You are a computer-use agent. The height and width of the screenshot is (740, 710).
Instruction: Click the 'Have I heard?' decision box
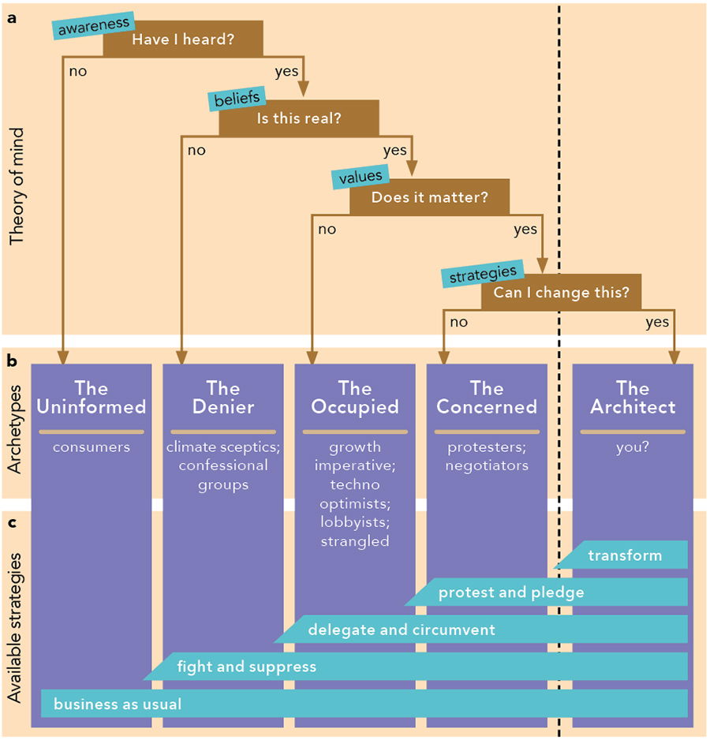pos(183,39)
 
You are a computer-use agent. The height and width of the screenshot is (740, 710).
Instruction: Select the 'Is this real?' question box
pos(299,119)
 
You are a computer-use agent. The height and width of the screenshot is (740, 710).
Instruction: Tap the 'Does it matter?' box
pos(430,197)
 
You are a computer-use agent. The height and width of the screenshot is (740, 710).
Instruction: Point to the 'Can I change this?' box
pos(561,293)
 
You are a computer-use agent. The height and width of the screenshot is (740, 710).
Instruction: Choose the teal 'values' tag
pos(360,178)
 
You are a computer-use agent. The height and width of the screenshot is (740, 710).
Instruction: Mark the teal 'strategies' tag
pos(483,274)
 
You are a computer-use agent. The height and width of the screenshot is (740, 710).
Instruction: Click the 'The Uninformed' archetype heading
pos(92,398)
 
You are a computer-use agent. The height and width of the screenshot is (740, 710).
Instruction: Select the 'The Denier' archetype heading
pos(222,398)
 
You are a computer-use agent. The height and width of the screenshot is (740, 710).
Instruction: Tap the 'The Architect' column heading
pos(633,398)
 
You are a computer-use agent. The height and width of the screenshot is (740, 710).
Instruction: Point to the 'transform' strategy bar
pos(625,555)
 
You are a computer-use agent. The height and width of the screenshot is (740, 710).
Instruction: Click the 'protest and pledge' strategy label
pos(511,592)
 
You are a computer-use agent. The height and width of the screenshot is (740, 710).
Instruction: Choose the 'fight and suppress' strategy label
pos(246,667)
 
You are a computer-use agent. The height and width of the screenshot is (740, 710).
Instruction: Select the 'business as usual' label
pos(118,704)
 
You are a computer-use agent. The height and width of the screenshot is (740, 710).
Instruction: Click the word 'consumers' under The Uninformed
pos(92,447)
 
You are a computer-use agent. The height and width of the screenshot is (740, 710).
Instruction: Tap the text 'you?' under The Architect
pos(633,447)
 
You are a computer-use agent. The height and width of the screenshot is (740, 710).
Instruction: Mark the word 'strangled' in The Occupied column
pos(355,541)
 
